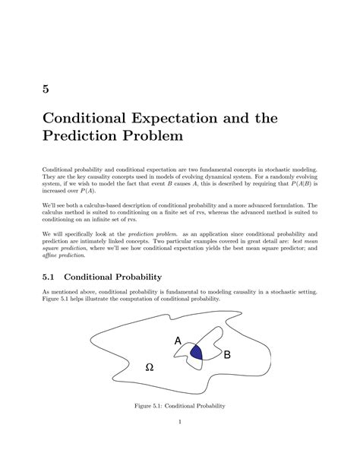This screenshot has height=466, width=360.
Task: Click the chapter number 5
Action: [x=46, y=90]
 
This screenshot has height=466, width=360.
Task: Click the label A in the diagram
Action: [x=178, y=342]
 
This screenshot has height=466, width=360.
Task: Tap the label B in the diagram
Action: [x=226, y=354]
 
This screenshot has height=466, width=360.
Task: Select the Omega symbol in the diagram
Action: [x=149, y=367]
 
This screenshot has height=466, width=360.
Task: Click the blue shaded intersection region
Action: [x=197, y=351]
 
